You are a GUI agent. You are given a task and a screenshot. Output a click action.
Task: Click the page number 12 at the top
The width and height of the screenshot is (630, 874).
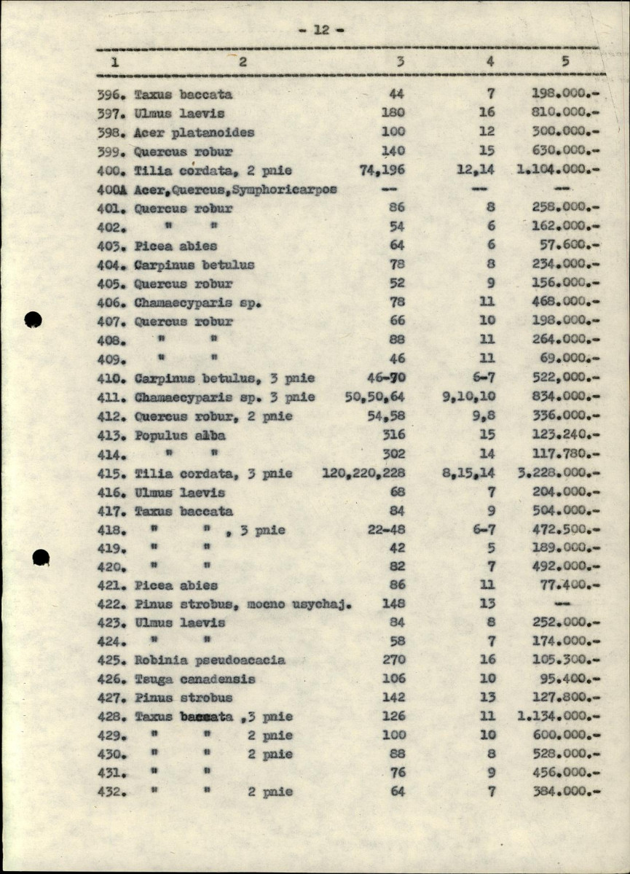pos(321,30)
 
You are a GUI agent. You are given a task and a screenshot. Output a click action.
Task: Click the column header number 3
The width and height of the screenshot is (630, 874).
pos(400,62)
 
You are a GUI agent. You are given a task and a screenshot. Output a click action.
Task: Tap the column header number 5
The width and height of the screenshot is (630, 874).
pos(565,61)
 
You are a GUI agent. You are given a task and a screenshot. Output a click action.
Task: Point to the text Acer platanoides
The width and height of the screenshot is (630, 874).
pos(194,133)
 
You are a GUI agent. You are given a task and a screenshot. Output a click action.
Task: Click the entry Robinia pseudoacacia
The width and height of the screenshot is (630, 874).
pos(210,660)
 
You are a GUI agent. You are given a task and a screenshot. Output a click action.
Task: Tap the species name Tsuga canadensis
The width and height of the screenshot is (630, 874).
pos(194,679)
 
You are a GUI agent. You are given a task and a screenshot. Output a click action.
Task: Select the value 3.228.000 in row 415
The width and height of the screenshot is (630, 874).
pos(559,473)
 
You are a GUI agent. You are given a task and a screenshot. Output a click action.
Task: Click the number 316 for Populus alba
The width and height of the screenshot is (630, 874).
pos(393,435)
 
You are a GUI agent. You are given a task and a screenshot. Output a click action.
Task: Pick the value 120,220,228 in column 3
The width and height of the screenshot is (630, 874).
pos(363,473)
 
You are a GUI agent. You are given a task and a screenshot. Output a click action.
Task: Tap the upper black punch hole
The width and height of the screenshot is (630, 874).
pos(33,319)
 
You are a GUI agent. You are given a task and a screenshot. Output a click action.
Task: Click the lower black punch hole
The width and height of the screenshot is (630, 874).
pos(42,558)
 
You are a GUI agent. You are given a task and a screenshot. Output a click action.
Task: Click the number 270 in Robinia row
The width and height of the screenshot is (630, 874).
pos(393,660)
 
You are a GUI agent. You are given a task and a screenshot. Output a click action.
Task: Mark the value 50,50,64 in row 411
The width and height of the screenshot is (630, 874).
pos(374,397)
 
